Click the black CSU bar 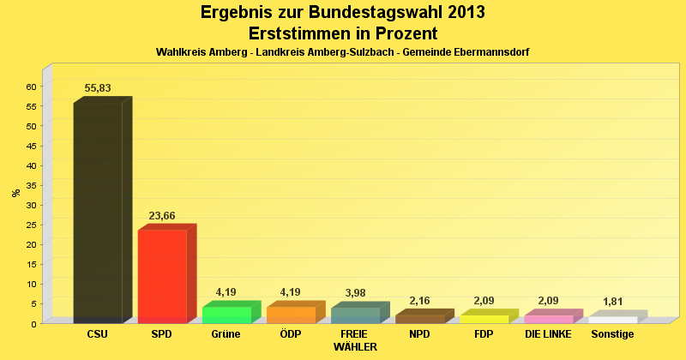click(x=98, y=213)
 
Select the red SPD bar click(x=162, y=276)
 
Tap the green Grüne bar click(x=226, y=315)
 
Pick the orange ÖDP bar click(x=291, y=315)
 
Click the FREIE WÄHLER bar click(x=355, y=315)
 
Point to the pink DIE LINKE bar click(x=548, y=319)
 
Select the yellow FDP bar click(x=484, y=319)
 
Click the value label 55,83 click(x=98, y=88)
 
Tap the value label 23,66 click(x=162, y=216)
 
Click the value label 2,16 click(x=419, y=301)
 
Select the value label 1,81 click(x=612, y=303)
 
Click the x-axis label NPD click(x=419, y=334)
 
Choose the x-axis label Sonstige click(x=612, y=334)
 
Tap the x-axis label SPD click(x=162, y=334)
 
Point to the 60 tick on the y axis click(x=32, y=87)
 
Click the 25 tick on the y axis click(x=32, y=225)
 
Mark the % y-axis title click(x=15, y=193)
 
